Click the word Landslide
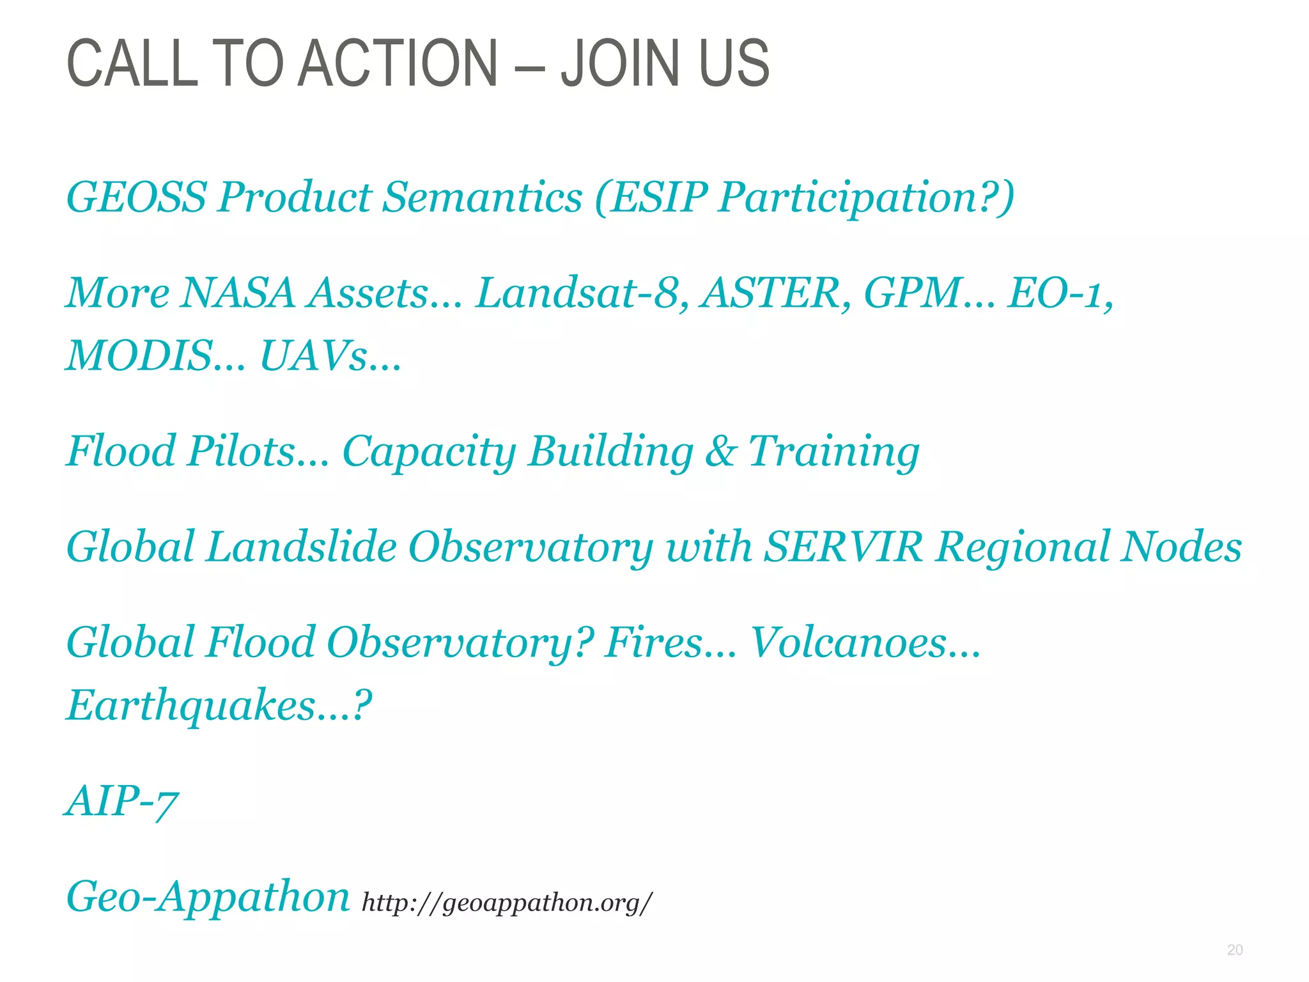(x=301, y=547)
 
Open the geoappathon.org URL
(x=507, y=902)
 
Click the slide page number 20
(x=1235, y=950)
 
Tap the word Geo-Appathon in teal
(x=208, y=897)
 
